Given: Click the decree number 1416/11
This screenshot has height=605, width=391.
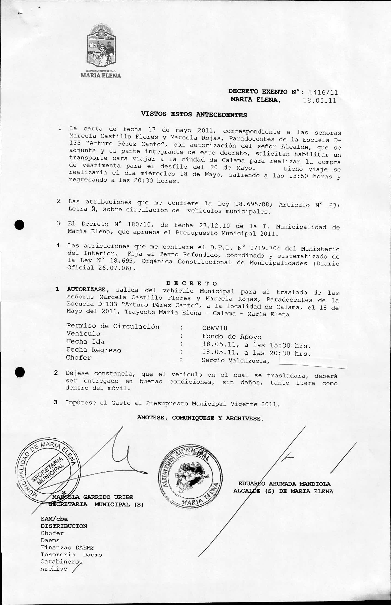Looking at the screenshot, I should tap(323, 93).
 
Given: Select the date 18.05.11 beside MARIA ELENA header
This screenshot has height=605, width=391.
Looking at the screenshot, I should tap(319, 101).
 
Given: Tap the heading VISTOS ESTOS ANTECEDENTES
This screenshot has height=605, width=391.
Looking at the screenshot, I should tap(194, 114).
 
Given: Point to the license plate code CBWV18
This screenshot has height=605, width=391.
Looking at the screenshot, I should tap(215, 328).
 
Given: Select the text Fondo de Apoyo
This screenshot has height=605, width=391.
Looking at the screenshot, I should tap(232, 337).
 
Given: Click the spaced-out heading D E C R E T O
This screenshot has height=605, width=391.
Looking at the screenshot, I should tap(192, 283).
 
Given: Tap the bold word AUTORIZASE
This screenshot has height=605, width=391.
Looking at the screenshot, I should tap(86, 290).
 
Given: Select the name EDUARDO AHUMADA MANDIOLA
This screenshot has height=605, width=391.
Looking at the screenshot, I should tap(284, 484).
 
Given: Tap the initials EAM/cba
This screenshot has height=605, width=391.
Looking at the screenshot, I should tap(54, 519).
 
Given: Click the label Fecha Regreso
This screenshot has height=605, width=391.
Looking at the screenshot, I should tap(94, 350).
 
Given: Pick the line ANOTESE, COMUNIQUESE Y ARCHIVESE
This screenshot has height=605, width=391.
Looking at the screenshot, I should tap(200, 418).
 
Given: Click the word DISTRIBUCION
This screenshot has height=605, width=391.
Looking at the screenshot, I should tap(64, 526).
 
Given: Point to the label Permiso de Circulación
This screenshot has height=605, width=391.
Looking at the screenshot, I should tap(113, 326).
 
